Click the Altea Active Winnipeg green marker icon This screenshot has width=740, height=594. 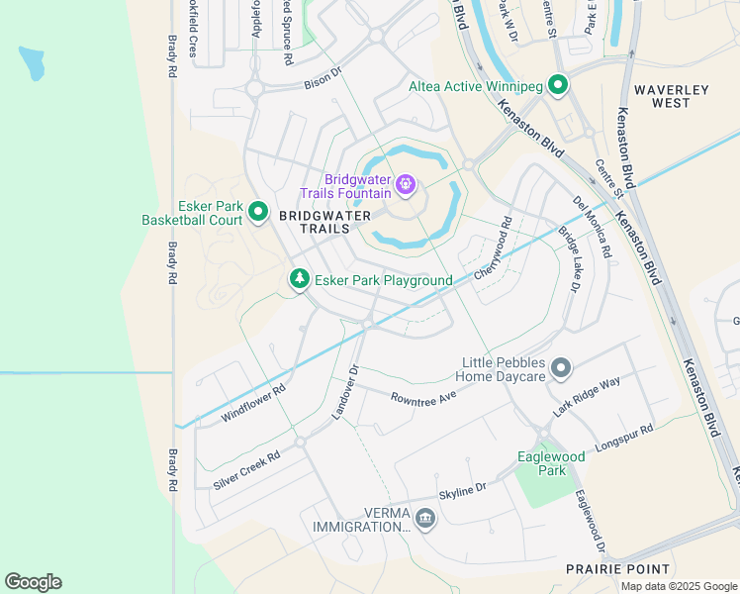(557, 86)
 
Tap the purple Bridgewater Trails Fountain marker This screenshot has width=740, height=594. (405, 184)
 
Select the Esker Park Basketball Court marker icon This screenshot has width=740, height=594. (258, 211)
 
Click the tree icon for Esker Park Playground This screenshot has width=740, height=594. (299, 280)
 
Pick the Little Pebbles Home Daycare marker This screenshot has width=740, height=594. (561, 369)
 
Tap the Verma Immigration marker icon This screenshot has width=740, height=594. (425, 518)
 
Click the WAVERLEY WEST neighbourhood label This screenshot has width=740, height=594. (672, 96)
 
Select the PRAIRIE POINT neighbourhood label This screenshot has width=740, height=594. (617, 569)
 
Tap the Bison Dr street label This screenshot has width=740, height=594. (323, 75)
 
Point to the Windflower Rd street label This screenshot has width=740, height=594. (253, 403)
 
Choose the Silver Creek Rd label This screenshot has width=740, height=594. (247, 469)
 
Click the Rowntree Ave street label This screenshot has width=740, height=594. (423, 396)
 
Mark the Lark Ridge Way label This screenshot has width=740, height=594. (587, 396)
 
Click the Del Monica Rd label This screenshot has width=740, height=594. (592, 227)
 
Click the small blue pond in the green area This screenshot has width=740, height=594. (32, 62)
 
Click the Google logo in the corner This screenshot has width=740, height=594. (33, 582)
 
